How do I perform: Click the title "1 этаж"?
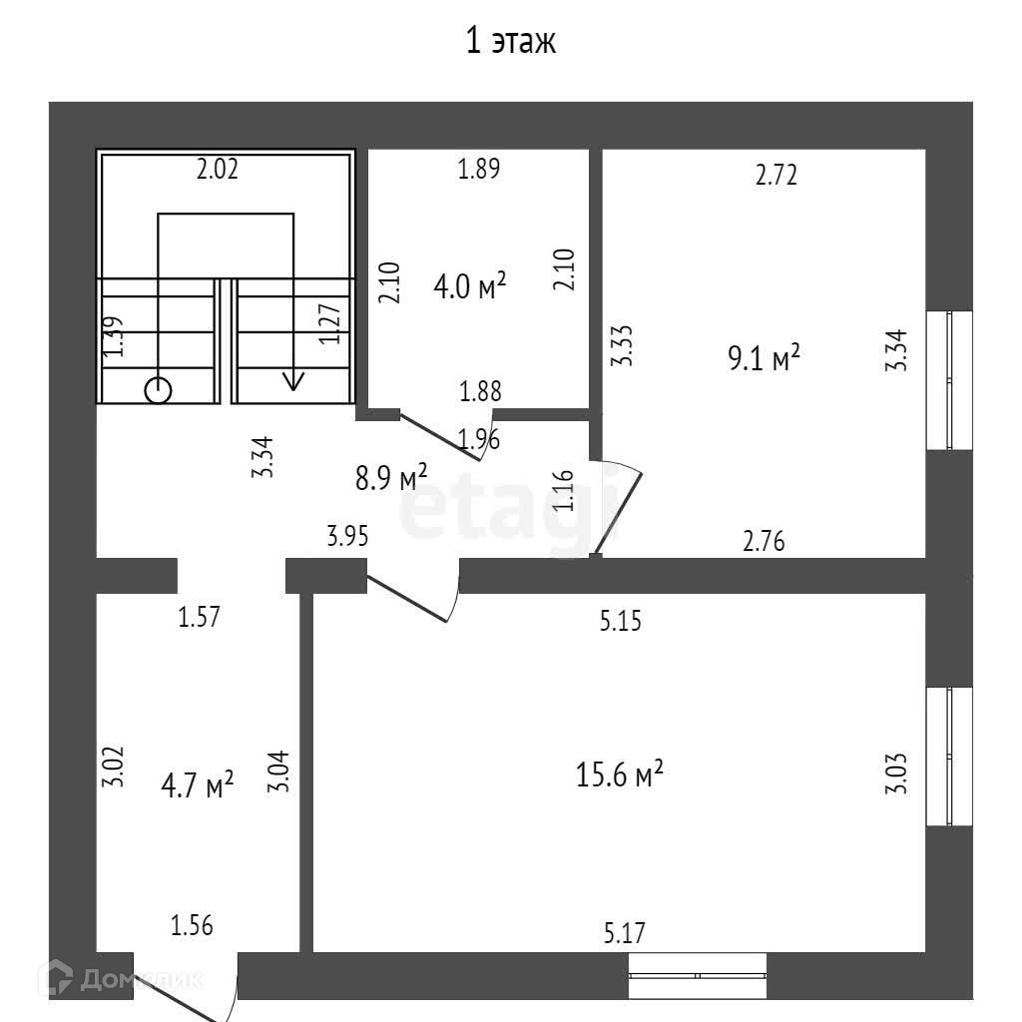coord(510,42)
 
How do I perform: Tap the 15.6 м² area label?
coord(620,774)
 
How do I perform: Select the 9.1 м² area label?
coord(765,357)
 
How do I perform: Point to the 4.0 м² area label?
coord(469,287)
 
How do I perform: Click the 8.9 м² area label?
coord(391,477)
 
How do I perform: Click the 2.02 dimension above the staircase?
coord(217,170)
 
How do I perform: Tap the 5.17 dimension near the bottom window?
coord(625,934)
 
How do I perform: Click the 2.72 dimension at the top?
coord(776,176)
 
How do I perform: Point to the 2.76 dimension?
coord(765,542)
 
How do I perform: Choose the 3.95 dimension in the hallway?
coord(348,537)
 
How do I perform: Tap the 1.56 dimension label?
coord(192,926)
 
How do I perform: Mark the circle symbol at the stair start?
coord(158,389)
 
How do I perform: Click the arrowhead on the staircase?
coord(293,380)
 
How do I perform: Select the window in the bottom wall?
coord(698,975)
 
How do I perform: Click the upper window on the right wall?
coord(948,380)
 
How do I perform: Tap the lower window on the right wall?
coord(948,757)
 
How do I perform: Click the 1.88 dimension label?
coord(480,391)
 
